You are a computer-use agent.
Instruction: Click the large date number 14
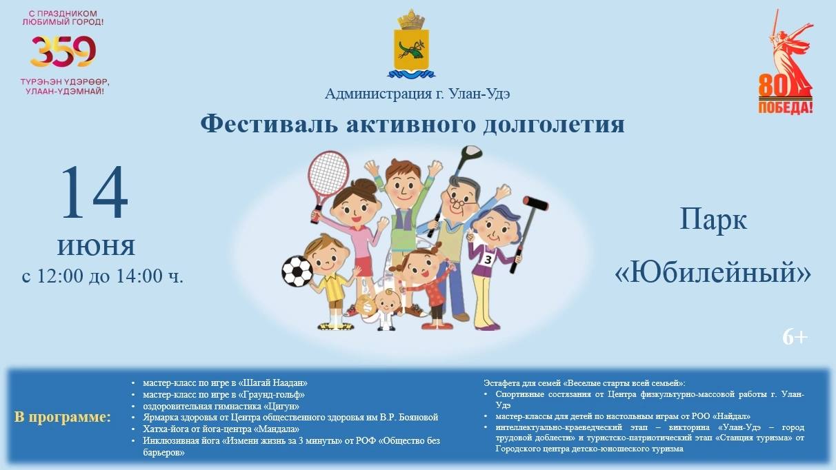(94, 192)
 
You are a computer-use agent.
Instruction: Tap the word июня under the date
(96, 247)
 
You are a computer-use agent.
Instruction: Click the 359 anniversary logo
(63, 52)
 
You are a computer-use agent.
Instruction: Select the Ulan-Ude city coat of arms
(411, 44)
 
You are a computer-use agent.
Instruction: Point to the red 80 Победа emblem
(786, 62)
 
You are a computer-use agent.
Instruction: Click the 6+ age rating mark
(795, 338)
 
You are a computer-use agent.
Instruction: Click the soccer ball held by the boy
(297, 272)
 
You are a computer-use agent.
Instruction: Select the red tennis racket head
(328, 174)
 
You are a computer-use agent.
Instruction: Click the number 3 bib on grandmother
(488, 260)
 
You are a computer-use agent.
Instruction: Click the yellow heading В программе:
(63, 417)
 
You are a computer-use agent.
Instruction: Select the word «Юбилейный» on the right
(713, 273)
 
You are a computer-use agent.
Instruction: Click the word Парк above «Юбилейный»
(713, 219)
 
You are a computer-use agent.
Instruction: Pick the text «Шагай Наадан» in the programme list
(272, 382)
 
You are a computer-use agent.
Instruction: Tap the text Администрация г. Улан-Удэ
(417, 94)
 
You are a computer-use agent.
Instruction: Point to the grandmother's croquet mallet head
(535, 203)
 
